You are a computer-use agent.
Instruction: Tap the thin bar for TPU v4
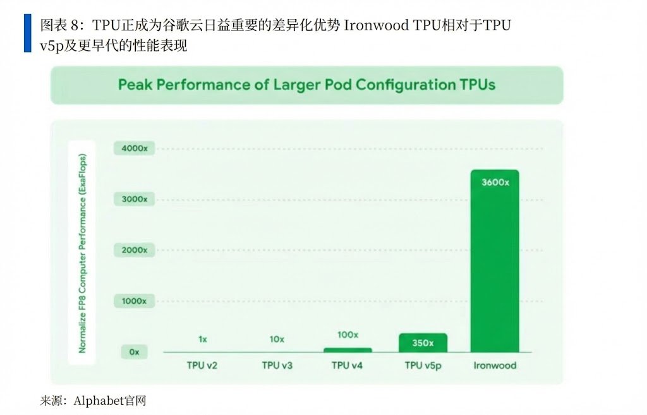[x=348, y=350]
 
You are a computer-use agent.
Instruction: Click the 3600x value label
[x=495, y=183]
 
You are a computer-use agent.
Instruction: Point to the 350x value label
[x=423, y=343]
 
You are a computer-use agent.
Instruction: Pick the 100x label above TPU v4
[x=348, y=335]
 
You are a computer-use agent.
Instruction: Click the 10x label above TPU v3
[x=276, y=339]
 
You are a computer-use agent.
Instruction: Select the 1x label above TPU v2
[x=203, y=339]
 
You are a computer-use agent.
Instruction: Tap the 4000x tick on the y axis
[x=134, y=148]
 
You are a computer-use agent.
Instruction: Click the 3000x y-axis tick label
[x=134, y=199]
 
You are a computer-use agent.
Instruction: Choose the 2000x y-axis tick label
[x=134, y=250]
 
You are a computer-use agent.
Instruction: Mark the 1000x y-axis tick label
[x=134, y=301]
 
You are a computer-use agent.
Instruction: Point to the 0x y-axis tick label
[x=134, y=352]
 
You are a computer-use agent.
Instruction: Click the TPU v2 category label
[x=203, y=366]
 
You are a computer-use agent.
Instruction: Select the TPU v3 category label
[x=276, y=366]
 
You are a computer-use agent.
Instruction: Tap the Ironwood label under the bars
[x=495, y=366]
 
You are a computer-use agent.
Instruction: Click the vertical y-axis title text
[x=83, y=253]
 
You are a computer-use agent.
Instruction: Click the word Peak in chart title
[x=134, y=85]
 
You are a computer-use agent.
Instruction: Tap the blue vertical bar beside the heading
[x=27, y=33]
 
